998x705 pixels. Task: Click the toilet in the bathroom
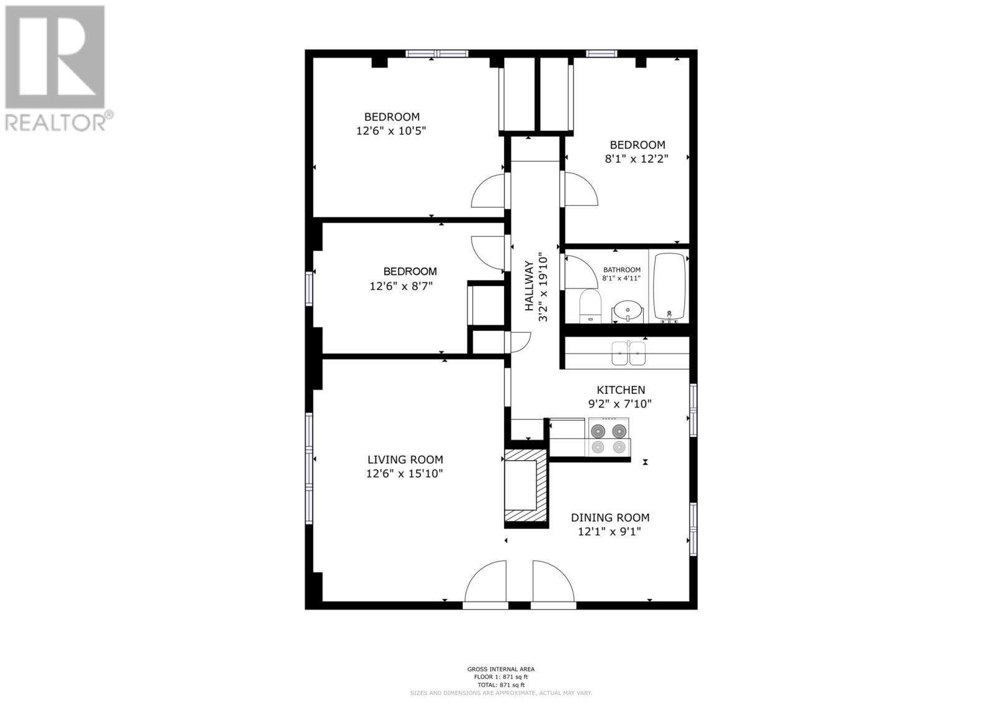point(589,306)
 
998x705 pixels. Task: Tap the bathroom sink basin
point(627,309)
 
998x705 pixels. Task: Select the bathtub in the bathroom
point(669,285)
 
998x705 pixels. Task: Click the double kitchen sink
point(628,353)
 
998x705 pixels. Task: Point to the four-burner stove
point(608,438)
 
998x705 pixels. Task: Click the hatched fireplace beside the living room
point(526,489)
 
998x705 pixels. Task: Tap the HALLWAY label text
point(530,286)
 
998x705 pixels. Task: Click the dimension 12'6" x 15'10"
point(404,474)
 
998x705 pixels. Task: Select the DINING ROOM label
point(610,517)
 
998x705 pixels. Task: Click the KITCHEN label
point(621,390)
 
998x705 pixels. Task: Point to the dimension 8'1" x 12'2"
point(636,159)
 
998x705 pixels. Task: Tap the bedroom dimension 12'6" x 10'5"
point(391,131)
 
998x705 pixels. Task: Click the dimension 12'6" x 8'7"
point(401,286)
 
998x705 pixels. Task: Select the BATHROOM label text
point(621,270)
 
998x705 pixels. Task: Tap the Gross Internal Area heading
point(500,669)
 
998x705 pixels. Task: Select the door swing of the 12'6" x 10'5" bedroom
point(488,191)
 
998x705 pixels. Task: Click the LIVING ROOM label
point(405,459)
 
